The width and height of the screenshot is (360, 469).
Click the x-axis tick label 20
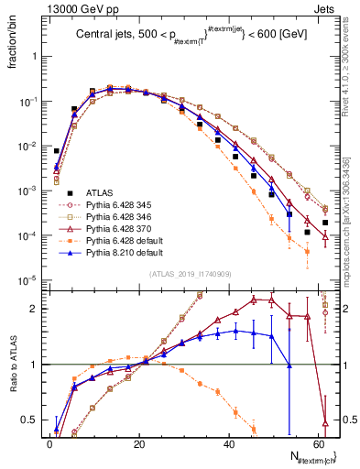140,444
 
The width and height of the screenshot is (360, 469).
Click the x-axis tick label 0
49,444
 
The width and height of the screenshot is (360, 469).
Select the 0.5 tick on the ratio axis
30,420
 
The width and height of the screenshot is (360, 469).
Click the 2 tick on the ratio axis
35,309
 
